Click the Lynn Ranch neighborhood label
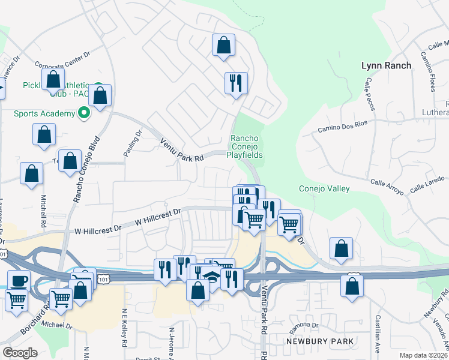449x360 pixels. click(x=387, y=65)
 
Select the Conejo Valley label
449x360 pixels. click(x=324, y=188)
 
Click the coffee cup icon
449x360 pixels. click(x=18, y=281)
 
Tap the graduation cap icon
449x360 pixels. click(x=211, y=277)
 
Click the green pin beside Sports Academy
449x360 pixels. click(x=84, y=112)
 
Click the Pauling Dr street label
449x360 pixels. click(x=133, y=144)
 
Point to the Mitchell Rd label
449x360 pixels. click(x=44, y=207)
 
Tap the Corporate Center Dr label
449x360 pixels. click(x=62, y=59)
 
